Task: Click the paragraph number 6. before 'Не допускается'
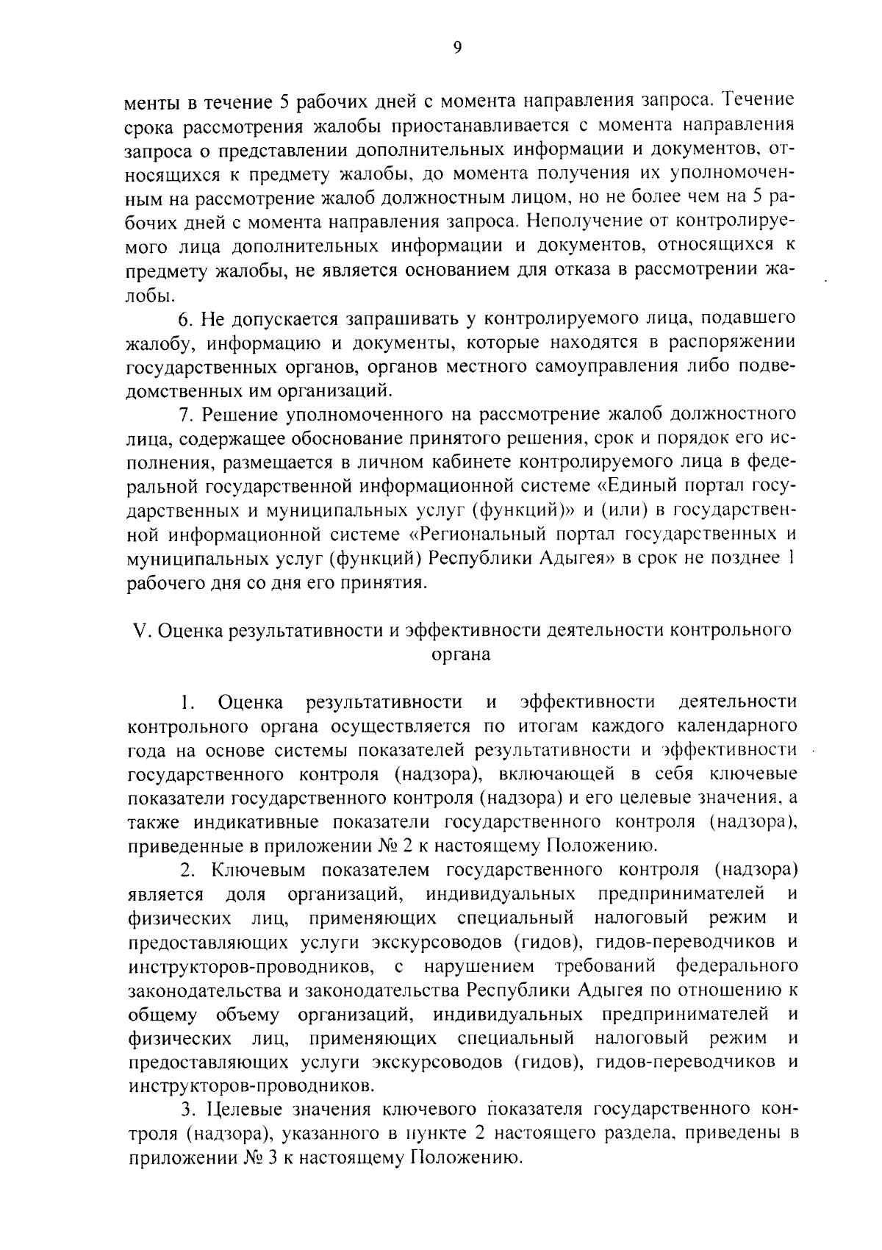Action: pos(187,318)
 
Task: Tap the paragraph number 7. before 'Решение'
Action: pos(187,415)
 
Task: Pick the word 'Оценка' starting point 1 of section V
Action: pos(250,702)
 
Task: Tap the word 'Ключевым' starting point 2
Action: pos(252,871)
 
